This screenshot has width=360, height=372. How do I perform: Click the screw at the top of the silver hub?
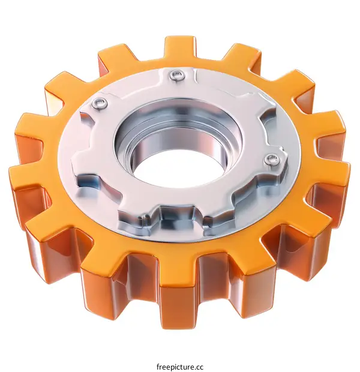[176, 75]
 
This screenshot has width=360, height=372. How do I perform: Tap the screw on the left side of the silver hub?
[100, 104]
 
